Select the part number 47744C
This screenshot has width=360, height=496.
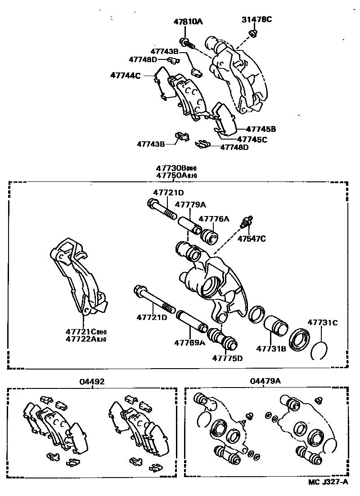pos(126,76)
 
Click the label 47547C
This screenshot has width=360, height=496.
pos(252,239)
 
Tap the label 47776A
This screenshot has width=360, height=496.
pos(214,219)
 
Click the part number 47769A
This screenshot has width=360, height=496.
pos(189,343)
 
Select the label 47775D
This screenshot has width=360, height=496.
pos(227,358)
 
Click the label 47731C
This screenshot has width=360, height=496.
pos(322,323)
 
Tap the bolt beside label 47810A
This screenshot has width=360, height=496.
pos(186,43)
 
